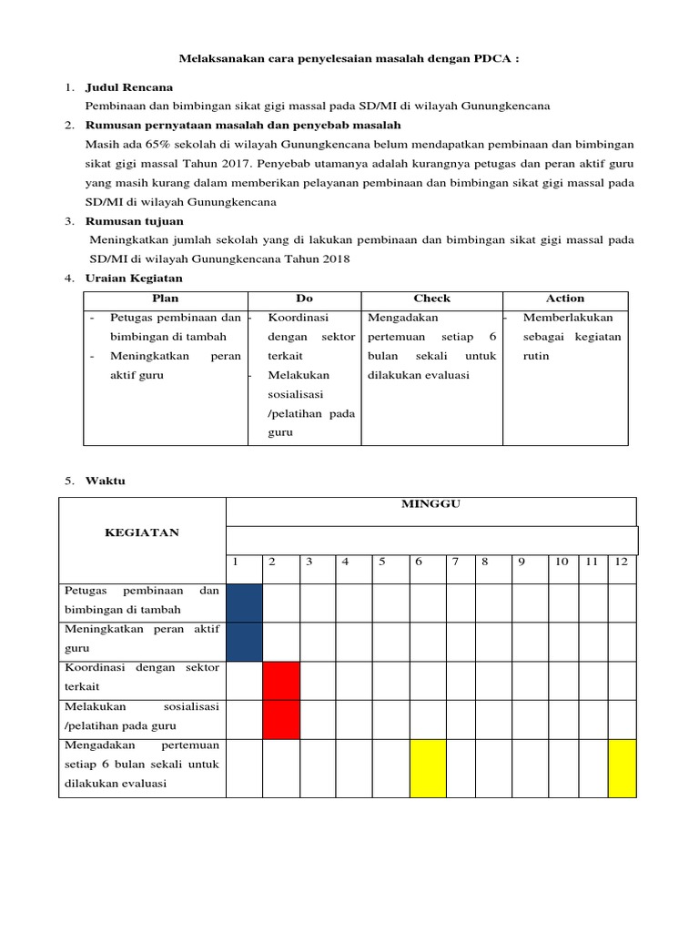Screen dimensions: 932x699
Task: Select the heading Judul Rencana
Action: [x=128, y=87]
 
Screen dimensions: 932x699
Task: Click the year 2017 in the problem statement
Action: [x=238, y=164]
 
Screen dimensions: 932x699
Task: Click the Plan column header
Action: [x=166, y=299]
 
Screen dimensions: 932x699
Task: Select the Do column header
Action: [x=304, y=299]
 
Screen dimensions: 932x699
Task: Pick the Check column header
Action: [x=431, y=299]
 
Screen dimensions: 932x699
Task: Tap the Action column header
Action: [x=564, y=299]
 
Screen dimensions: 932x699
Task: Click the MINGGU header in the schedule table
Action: [x=431, y=505]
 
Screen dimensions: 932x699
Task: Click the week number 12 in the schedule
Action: [x=621, y=562]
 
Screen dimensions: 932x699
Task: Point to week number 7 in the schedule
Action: [x=455, y=562]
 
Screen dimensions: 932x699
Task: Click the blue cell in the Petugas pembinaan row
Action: [x=244, y=603]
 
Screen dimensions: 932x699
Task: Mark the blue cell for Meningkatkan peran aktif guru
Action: [x=244, y=641]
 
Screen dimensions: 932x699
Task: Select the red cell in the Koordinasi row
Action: [x=281, y=680]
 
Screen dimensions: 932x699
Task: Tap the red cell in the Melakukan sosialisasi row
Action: [x=281, y=718]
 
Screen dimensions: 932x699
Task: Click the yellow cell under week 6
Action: [x=428, y=767]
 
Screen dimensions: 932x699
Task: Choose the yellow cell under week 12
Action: [x=622, y=767]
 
